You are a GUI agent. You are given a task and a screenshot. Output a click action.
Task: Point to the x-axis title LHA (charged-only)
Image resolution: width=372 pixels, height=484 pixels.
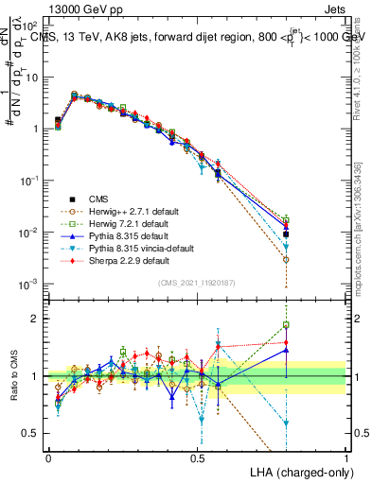[302, 471]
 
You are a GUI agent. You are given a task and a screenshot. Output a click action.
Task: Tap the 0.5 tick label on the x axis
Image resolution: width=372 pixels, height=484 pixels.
[197, 457]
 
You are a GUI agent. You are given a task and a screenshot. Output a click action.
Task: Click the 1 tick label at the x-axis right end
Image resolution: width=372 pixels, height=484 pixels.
[346, 457]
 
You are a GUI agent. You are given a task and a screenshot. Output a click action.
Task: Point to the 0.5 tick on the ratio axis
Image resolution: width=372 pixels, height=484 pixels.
[32, 433]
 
